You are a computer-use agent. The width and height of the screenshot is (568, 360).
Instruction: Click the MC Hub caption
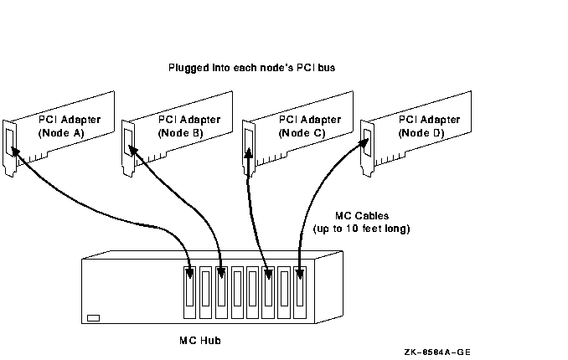[x=200, y=341]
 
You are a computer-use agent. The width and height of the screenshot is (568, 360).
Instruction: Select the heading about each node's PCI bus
[x=252, y=68]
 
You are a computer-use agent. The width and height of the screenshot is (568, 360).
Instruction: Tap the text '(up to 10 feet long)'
[x=362, y=229]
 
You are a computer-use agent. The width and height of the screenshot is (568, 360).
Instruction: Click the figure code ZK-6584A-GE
[x=437, y=352]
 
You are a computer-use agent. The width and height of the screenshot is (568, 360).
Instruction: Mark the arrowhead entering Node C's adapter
[x=248, y=152]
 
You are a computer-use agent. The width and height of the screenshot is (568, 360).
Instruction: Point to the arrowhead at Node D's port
[x=364, y=142]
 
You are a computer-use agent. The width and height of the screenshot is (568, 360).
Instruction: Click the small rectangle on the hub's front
[x=94, y=318]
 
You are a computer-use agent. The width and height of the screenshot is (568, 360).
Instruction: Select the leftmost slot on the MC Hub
[x=190, y=293]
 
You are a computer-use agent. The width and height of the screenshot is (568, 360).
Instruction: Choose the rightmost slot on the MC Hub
[x=300, y=293]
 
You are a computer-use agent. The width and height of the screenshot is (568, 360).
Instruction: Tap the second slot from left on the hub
[x=205, y=293]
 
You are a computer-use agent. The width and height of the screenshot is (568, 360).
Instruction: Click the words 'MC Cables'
[x=362, y=216]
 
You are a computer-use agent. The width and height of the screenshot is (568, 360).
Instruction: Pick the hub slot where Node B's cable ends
[x=221, y=293]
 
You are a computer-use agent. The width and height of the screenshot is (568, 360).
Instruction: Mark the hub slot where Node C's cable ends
[x=268, y=293]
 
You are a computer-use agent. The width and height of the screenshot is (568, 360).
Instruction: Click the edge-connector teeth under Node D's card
[x=390, y=158]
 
